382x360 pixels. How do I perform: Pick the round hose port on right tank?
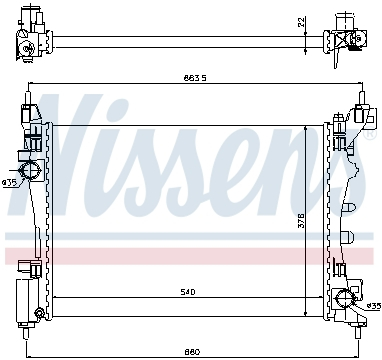pos(346,296)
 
